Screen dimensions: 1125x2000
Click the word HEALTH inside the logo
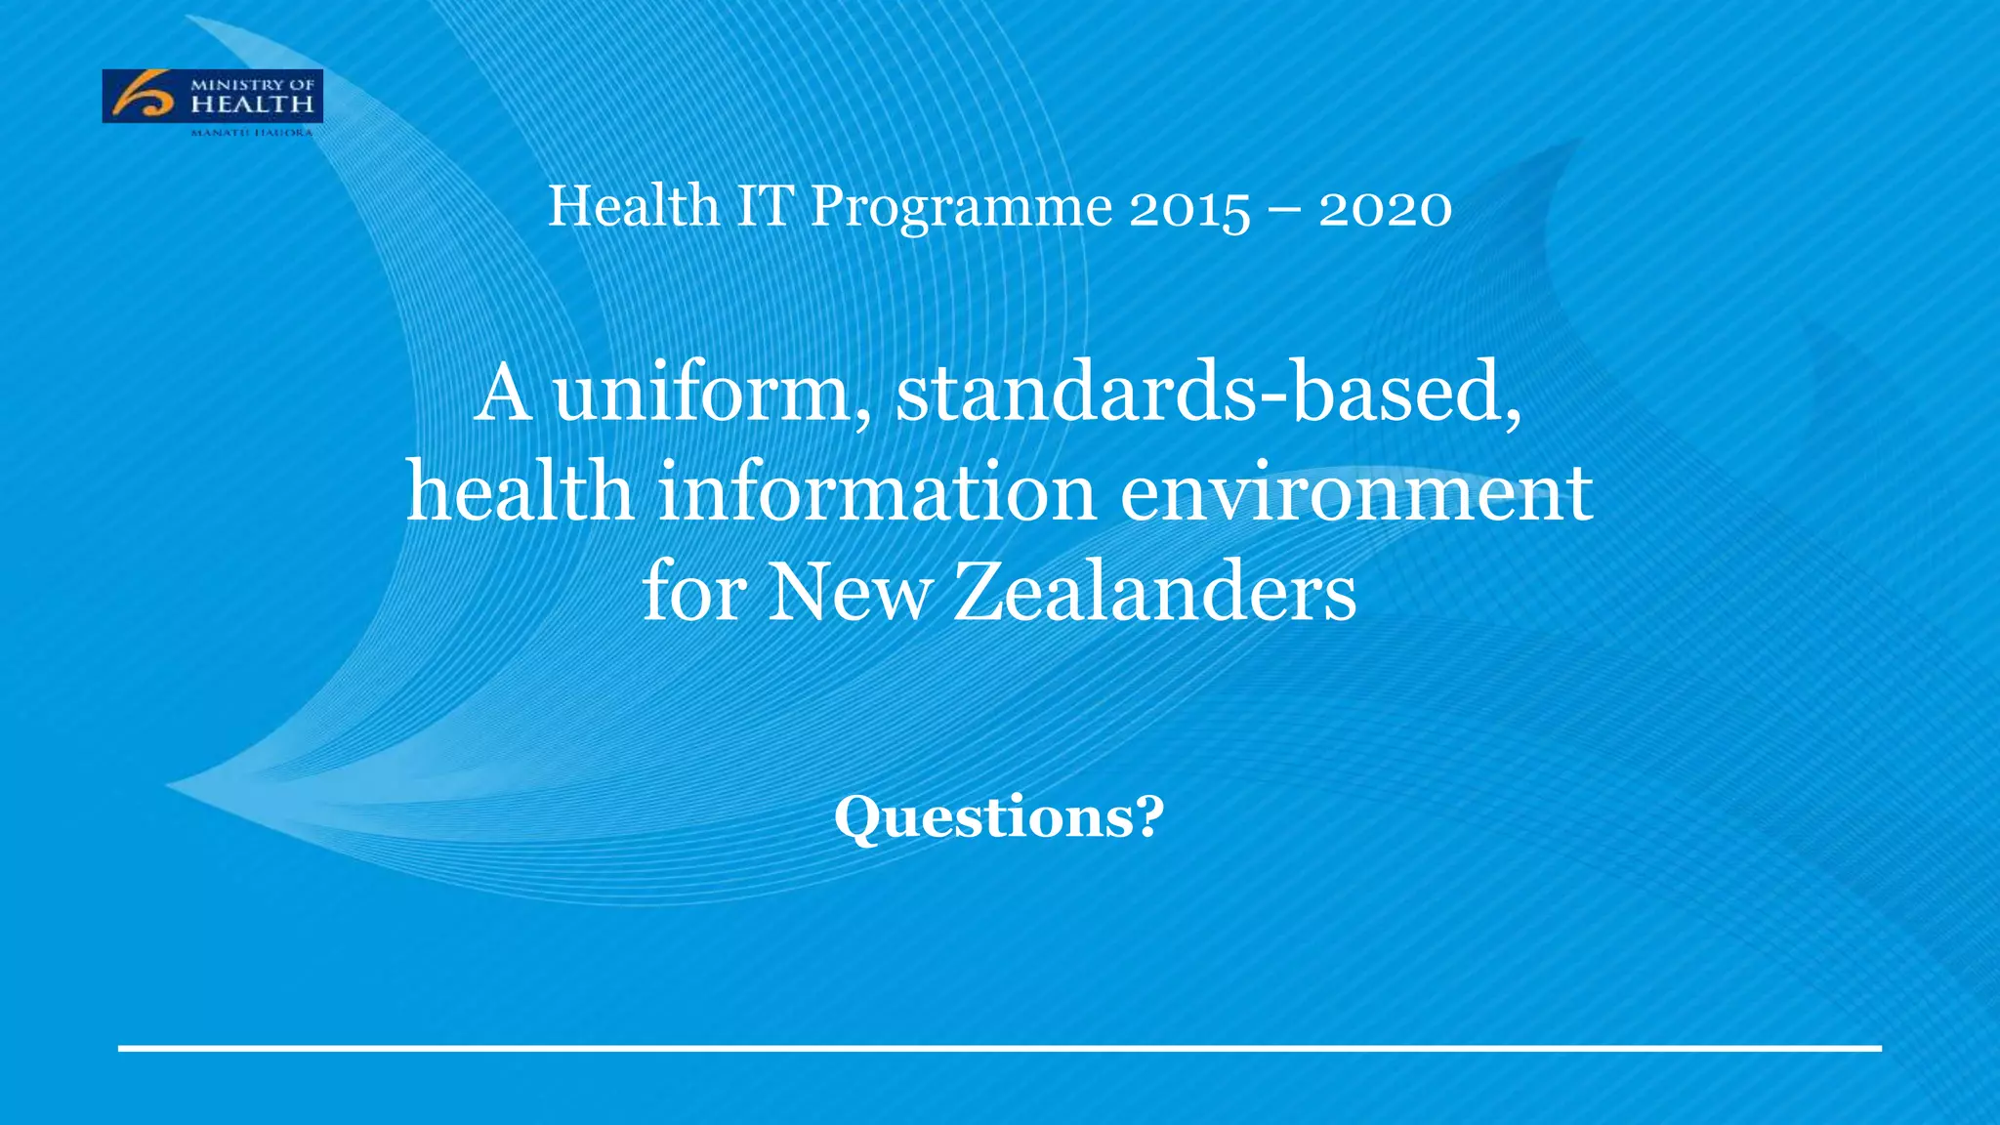click(x=252, y=104)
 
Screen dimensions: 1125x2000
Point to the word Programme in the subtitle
click(x=961, y=208)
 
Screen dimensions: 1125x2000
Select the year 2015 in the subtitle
click(x=1188, y=209)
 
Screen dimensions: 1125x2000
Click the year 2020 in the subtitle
click(x=1385, y=209)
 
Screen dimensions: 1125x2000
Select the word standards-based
click(x=1209, y=393)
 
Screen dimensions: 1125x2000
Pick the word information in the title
click(x=877, y=492)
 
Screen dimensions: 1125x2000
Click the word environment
click(x=1356, y=492)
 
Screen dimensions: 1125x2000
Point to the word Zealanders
click(x=1155, y=592)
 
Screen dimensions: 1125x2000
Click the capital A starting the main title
click(x=504, y=393)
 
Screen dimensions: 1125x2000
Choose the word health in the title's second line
click(x=520, y=492)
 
